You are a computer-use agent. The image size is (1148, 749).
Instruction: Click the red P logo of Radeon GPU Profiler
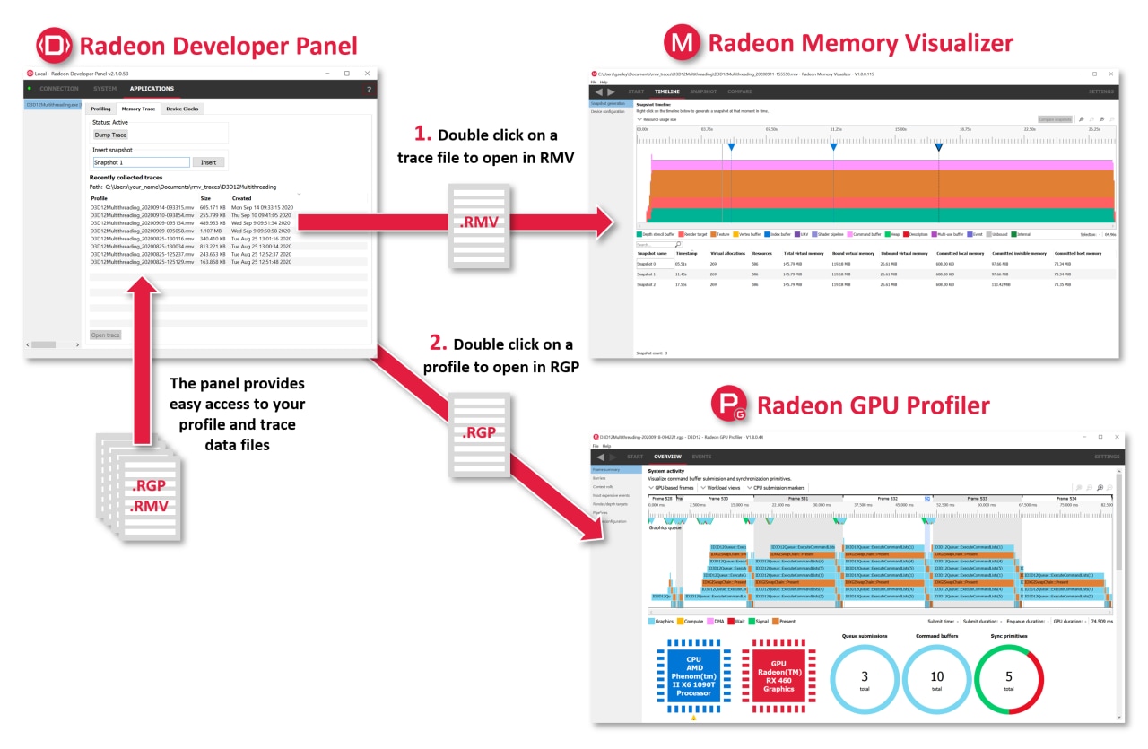click(729, 405)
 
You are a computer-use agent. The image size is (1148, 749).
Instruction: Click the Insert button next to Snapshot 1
click(208, 162)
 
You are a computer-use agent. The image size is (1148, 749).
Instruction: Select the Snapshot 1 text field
click(141, 162)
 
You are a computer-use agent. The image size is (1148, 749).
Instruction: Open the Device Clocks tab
click(183, 109)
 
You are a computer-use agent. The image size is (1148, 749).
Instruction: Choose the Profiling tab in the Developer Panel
click(101, 109)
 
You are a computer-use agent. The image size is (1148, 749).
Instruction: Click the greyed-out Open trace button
click(105, 335)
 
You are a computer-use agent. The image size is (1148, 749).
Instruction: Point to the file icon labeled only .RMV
click(481, 225)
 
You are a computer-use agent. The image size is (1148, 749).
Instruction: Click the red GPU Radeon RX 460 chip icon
click(778, 675)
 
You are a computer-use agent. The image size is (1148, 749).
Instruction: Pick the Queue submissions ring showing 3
click(865, 681)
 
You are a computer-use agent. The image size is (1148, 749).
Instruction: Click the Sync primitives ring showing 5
click(1009, 681)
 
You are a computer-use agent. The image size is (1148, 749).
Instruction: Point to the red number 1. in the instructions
click(422, 135)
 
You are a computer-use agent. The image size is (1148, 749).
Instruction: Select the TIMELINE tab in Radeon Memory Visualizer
click(666, 91)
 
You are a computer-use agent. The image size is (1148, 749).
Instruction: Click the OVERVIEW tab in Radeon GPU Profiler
click(666, 457)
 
